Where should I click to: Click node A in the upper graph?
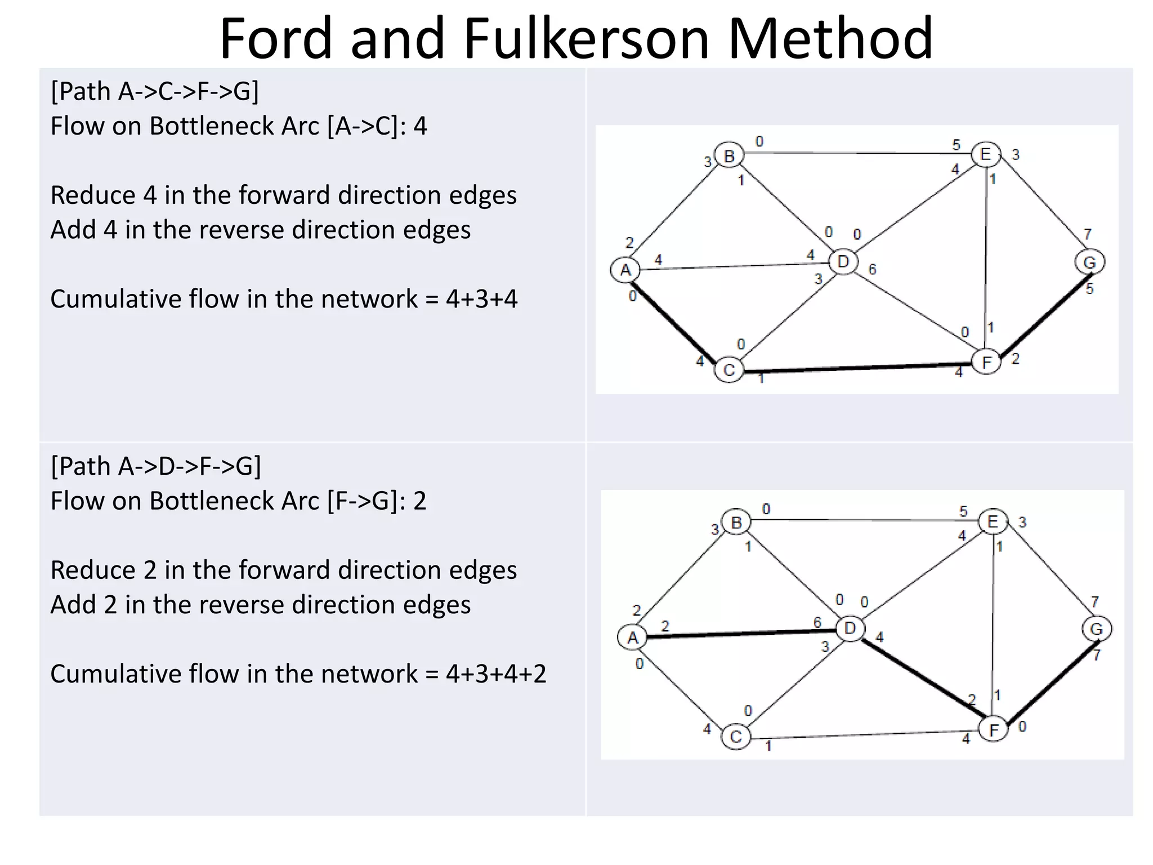pyautogui.click(x=625, y=270)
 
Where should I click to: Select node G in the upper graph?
pyautogui.click(x=1089, y=262)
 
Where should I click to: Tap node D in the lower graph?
pyautogui.click(x=850, y=628)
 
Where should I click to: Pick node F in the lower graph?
pyautogui.click(x=994, y=730)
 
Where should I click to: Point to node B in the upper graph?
pyautogui.click(x=729, y=155)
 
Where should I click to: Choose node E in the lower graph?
pyautogui.click(x=993, y=521)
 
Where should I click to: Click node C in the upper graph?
pyautogui.click(x=729, y=371)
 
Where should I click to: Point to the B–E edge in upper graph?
pyautogui.click(x=856, y=153)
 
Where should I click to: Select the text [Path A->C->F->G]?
pyautogui.click(x=155, y=91)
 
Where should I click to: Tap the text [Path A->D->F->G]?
pyautogui.click(x=156, y=466)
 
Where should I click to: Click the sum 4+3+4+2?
pyautogui.click(x=496, y=674)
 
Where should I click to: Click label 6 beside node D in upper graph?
pyautogui.click(x=872, y=270)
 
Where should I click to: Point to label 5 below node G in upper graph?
pyautogui.click(x=1090, y=289)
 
